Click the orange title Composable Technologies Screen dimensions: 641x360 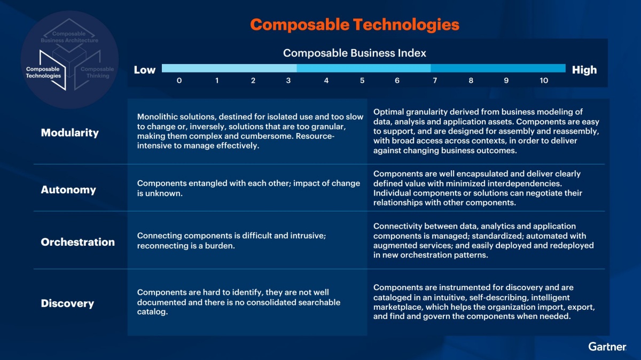pyautogui.click(x=355, y=25)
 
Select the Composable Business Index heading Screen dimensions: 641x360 pyautogui.click(x=355, y=53)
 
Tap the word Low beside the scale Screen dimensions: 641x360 pyautogui.click(x=145, y=70)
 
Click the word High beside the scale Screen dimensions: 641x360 pyautogui.click(x=584, y=70)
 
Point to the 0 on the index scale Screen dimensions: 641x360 pyautogui.click(x=179, y=81)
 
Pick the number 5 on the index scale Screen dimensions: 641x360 pyautogui.click(x=362, y=81)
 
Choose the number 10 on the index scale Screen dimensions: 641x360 pyautogui.click(x=544, y=81)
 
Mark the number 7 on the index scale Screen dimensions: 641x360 pyautogui.click(x=435, y=81)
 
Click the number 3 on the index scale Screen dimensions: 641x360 pyautogui.click(x=288, y=81)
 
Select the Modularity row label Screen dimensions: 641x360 pyautogui.click(x=69, y=133)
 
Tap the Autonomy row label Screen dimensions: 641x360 pyautogui.click(x=68, y=190)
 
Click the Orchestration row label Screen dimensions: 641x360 pyautogui.click(x=77, y=242)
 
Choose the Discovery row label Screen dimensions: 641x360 pyautogui.click(x=67, y=303)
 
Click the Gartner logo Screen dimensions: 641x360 pyautogui.click(x=607, y=347)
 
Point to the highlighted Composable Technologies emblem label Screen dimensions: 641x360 pyautogui.click(x=43, y=73)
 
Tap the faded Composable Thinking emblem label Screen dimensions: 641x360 pyautogui.click(x=97, y=73)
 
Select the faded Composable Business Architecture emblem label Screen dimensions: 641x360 pyautogui.click(x=69, y=37)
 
